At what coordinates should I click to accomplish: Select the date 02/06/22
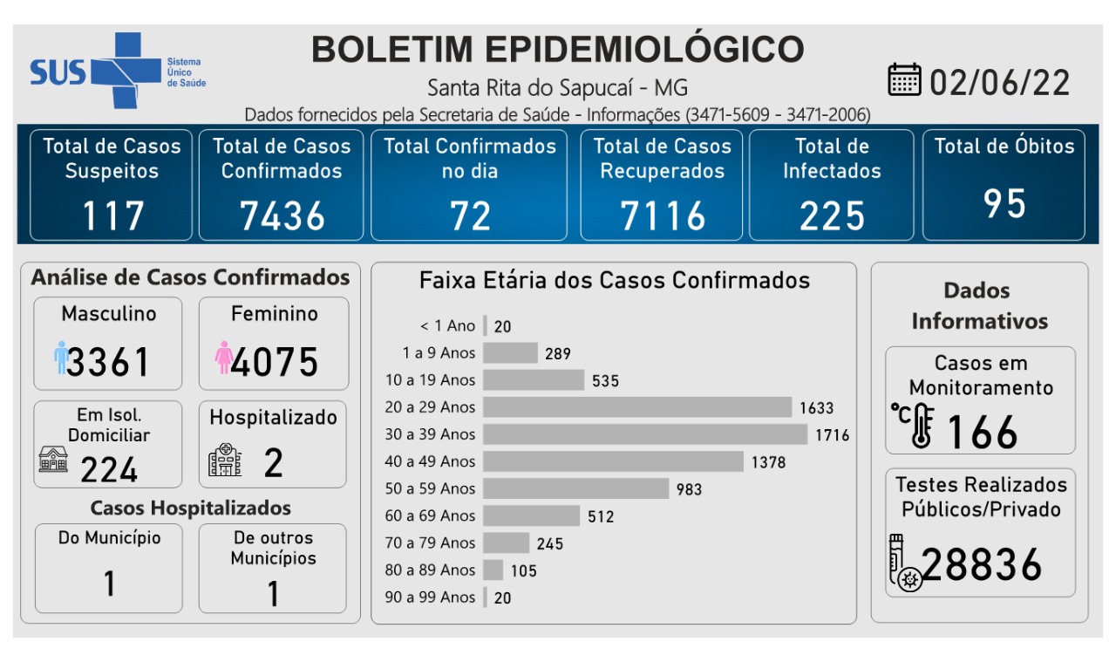[x=999, y=82]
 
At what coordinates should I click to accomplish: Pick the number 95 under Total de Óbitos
[x=1004, y=203]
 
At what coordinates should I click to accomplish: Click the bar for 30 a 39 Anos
[x=645, y=434]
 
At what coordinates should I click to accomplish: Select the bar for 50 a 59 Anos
[x=575, y=488]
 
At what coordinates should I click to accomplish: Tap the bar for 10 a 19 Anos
[x=534, y=380]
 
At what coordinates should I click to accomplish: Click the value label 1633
[x=816, y=407]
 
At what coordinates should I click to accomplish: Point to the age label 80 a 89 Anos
[x=431, y=570]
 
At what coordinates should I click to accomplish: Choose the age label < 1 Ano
[x=447, y=326]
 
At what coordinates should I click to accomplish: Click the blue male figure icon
[x=60, y=358]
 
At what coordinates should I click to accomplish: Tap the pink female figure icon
[x=223, y=358]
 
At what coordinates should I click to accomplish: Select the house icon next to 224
[x=53, y=459]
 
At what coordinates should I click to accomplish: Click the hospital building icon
[x=225, y=460]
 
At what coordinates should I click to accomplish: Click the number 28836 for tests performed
[x=982, y=565]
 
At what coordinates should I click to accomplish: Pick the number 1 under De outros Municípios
[x=273, y=593]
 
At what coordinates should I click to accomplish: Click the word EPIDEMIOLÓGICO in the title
[x=643, y=49]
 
